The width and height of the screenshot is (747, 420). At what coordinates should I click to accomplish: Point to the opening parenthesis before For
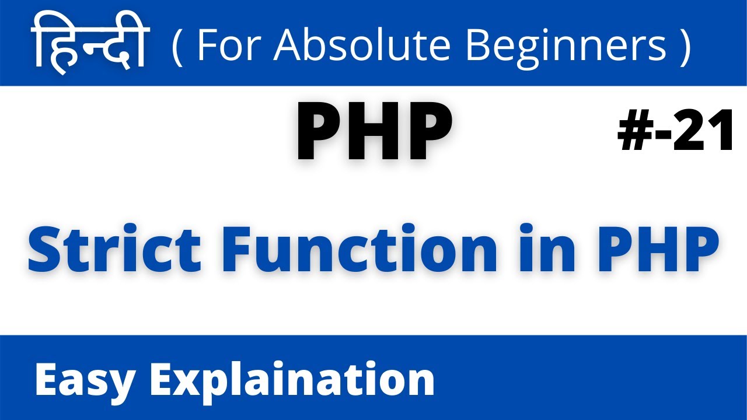[177, 44]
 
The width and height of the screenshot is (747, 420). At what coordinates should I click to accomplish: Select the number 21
[704, 132]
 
